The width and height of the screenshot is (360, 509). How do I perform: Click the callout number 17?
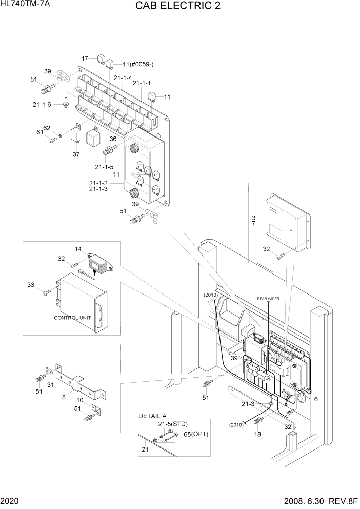[85, 58]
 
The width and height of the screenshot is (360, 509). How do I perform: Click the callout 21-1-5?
[104, 167]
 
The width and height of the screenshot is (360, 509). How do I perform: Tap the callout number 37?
[77, 154]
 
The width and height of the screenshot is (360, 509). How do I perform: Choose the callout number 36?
[112, 139]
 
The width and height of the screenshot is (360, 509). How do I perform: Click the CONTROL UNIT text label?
[72, 318]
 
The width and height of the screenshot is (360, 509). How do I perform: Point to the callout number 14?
[78, 249]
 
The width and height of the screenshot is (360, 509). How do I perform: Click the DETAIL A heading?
[153, 415]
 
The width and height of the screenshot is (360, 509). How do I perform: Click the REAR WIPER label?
[268, 298]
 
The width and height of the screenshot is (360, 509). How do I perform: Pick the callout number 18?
[257, 434]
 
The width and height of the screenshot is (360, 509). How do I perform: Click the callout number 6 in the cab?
[316, 399]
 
